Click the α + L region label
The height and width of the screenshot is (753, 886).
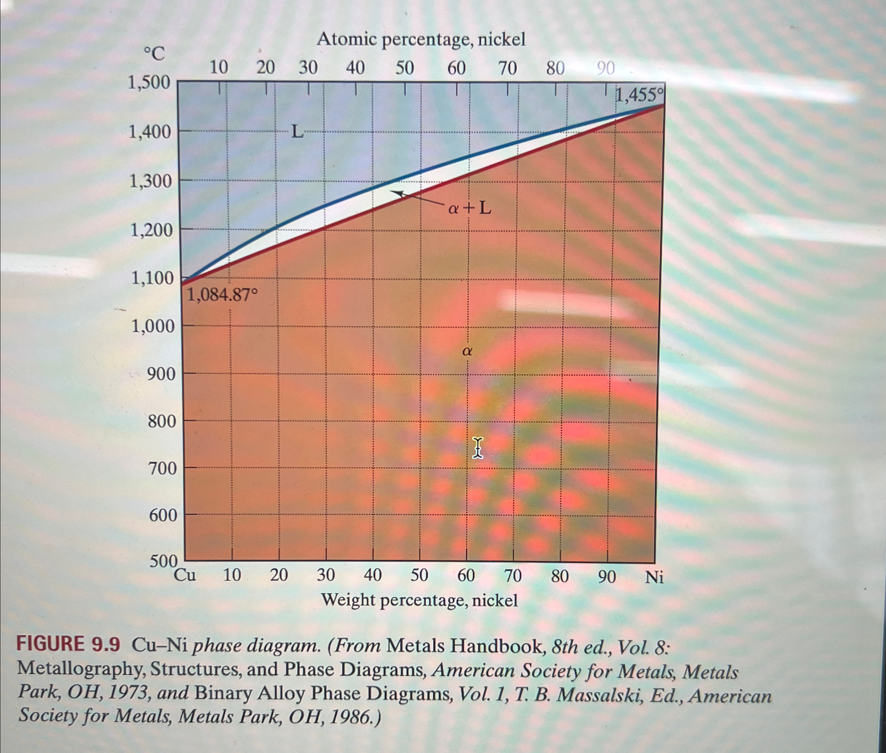coord(469,209)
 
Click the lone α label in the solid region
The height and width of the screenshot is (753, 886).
coord(467,351)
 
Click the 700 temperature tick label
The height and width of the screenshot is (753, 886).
coord(162,469)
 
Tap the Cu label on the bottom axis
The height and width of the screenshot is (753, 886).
coord(185,576)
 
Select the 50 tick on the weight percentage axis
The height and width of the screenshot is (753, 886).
coord(419,576)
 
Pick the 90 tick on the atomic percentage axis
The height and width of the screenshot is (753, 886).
coord(606,68)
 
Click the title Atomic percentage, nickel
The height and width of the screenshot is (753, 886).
coord(421,40)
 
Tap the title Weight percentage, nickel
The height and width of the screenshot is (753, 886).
coord(420,600)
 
